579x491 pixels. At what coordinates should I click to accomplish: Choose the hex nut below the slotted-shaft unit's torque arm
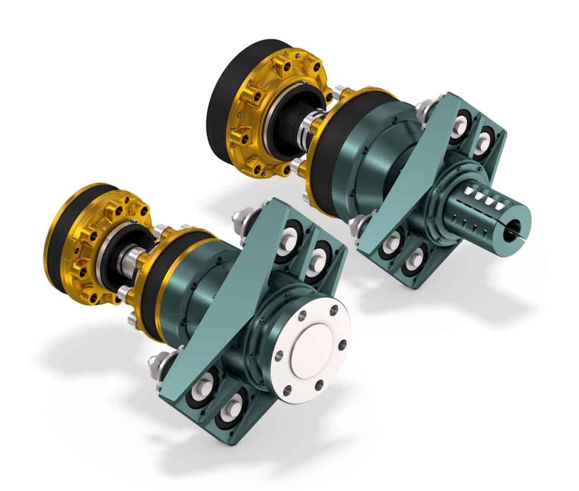358,225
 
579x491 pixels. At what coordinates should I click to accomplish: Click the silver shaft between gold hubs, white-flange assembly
133,262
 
